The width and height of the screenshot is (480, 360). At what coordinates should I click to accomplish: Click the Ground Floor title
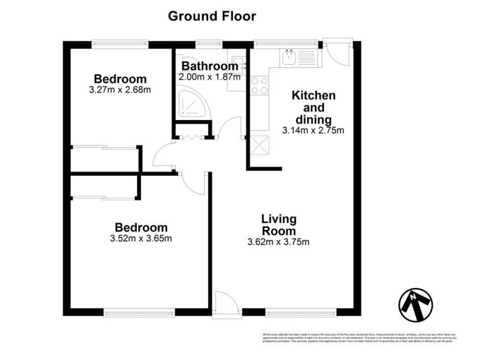tap(212, 16)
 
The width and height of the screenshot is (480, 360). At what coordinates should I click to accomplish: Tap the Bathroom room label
tap(209, 66)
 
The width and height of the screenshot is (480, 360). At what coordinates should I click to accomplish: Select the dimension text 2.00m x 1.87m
tap(209, 77)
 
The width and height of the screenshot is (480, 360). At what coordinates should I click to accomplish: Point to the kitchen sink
tap(289, 58)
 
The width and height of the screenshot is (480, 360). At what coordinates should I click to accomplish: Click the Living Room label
tap(278, 225)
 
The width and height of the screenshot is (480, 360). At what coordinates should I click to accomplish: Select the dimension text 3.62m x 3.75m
tap(278, 242)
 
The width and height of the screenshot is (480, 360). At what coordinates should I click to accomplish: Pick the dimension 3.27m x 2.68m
tap(120, 91)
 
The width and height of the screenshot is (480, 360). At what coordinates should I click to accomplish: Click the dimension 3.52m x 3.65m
tap(141, 239)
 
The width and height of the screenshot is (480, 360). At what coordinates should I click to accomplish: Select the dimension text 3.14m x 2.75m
tap(313, 130)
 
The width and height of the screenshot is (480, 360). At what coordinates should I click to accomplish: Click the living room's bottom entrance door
tap(227, 303)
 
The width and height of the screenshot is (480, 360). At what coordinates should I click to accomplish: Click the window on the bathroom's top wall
tap(209, 44)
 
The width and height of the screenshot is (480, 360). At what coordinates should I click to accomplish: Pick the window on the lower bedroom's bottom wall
tap(139, 312)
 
